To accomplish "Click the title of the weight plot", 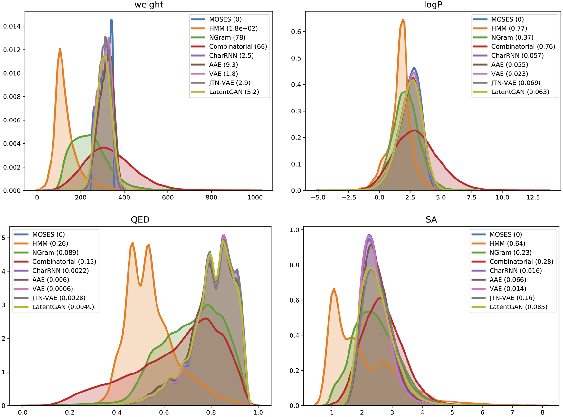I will pos(149,5).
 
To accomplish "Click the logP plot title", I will pos(433,5).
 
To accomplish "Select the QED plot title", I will pos(140,220).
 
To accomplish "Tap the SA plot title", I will pos(431,220).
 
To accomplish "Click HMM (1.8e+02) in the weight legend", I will pos(233,28).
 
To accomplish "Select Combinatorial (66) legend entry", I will pos(238,46).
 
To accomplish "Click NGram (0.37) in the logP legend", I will pos(512,37).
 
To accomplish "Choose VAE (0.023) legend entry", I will pos(510,74).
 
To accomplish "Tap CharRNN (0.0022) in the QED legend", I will pos(60,271).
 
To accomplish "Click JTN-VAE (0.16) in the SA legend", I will pos(512,298).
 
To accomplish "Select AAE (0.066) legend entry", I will pos(508,280).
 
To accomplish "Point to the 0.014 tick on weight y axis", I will pos(12,26).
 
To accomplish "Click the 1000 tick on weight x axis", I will pos(255,198).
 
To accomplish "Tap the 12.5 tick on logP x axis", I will pos(533,198).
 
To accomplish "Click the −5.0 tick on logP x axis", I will pos(318,198).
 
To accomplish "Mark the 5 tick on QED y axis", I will pos(4,238).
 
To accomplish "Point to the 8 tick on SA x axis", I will pos(542,412).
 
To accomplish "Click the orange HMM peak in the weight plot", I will pos(60,49).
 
